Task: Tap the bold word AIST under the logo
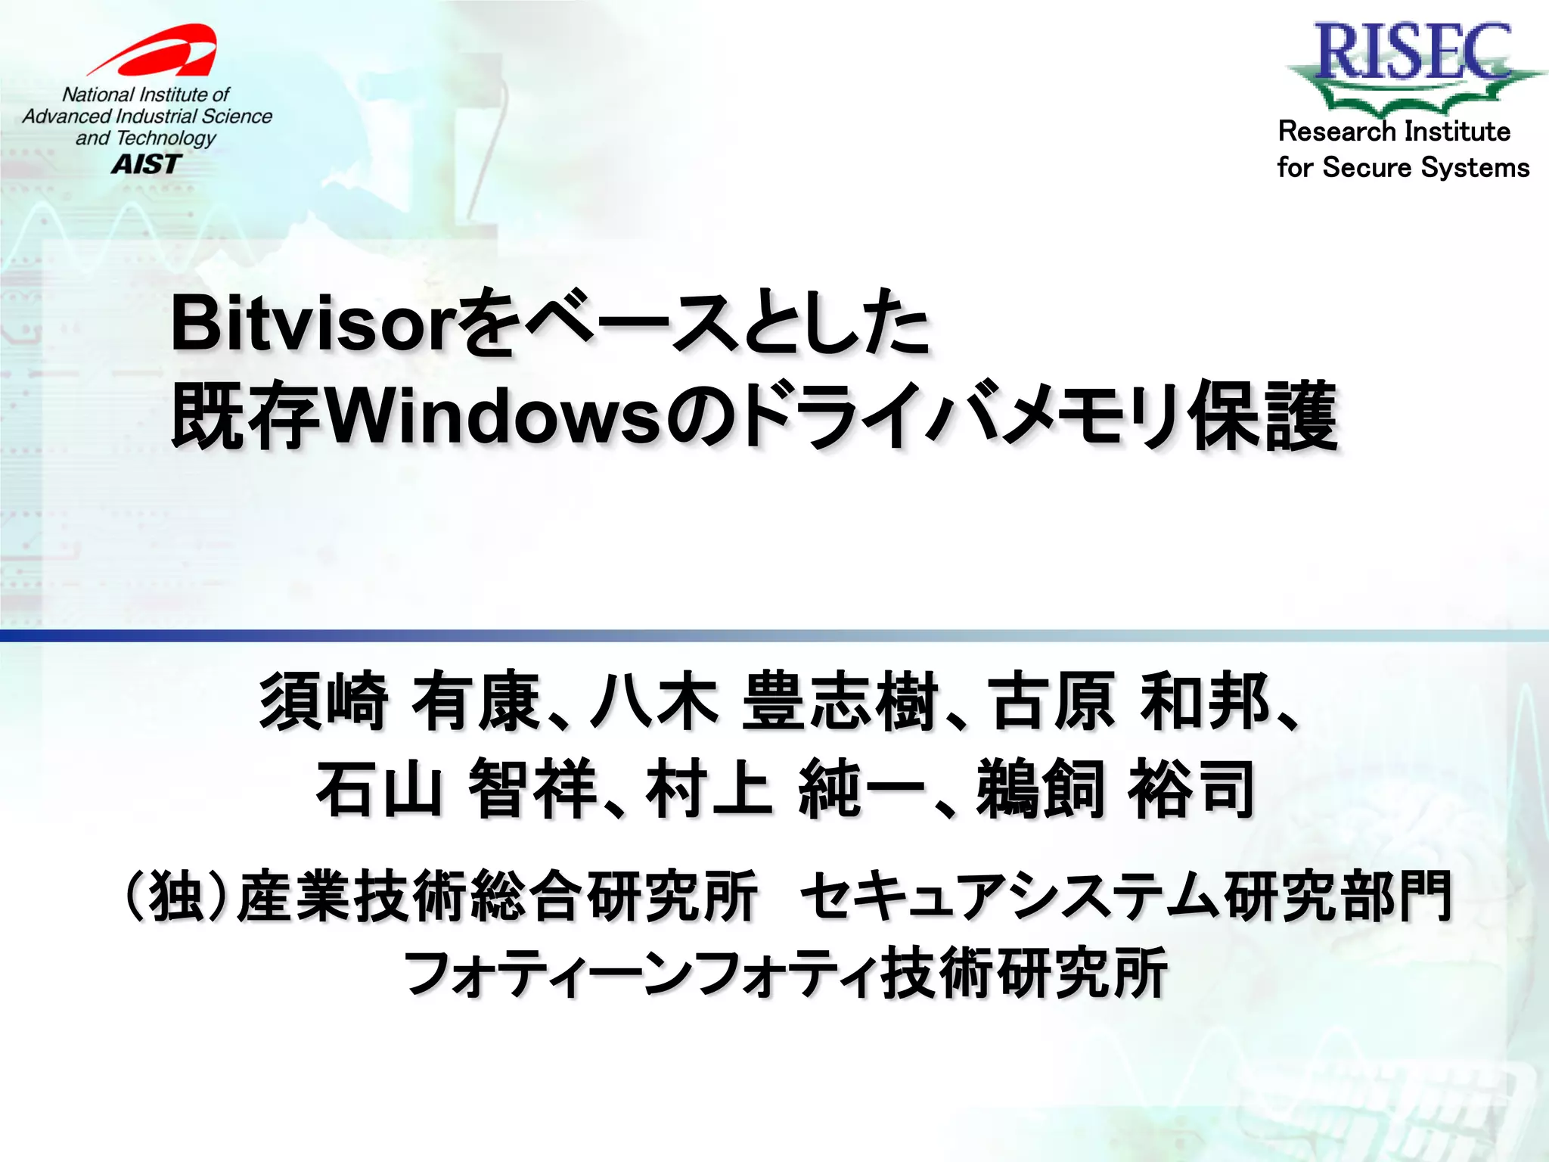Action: click(x=147, y=163)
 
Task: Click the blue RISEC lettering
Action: click(x=1413, y=51)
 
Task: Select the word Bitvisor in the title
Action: click(x=315, y=325)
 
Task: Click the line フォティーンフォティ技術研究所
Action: click(x=786, y=973)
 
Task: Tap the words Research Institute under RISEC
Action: click(x=1394, y=132)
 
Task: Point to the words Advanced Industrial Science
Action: click(x=147, y=117)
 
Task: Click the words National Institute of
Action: click(x=145, y=95)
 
